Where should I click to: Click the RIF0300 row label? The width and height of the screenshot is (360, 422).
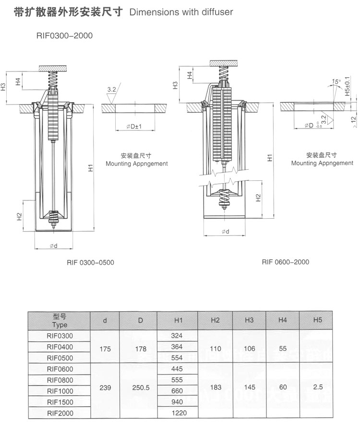60,336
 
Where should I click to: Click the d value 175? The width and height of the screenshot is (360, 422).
105,349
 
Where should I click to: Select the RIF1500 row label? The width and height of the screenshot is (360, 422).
60,402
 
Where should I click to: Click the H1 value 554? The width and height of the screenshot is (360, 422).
177,358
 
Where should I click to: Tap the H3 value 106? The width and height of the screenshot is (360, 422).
249,349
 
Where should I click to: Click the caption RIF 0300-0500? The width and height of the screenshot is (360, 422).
90,263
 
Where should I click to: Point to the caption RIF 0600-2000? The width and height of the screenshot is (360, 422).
286,262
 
